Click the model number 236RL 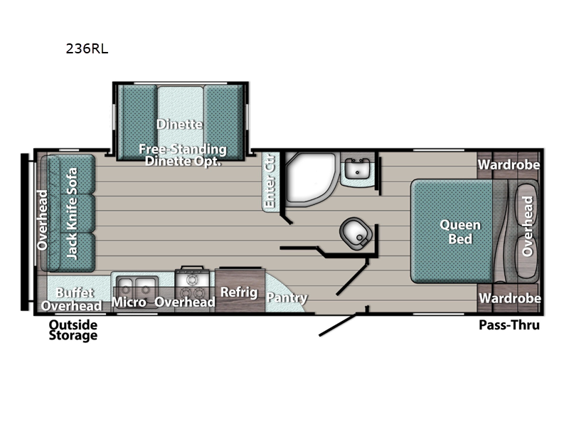[x=87, y=48]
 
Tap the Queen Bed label [x=460, y=232]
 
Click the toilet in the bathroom [x=356, y=233]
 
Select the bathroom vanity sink [x=357, y=168]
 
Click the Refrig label [x=239, y=292]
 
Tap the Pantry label [x=287, y=297]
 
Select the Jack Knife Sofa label [x=72, y=213]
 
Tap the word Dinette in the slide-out [x=180, y=125]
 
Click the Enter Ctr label [x=270, y=181]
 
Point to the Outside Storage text [x=73, y=330]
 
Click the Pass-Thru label [x=509, y=325]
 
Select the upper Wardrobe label [x=509, y=165]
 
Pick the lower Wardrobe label [x=510, y=298]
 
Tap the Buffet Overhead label [x=72, y=299]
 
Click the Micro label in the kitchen [x=129, y=302]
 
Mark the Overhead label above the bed [x=527, y=226]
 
